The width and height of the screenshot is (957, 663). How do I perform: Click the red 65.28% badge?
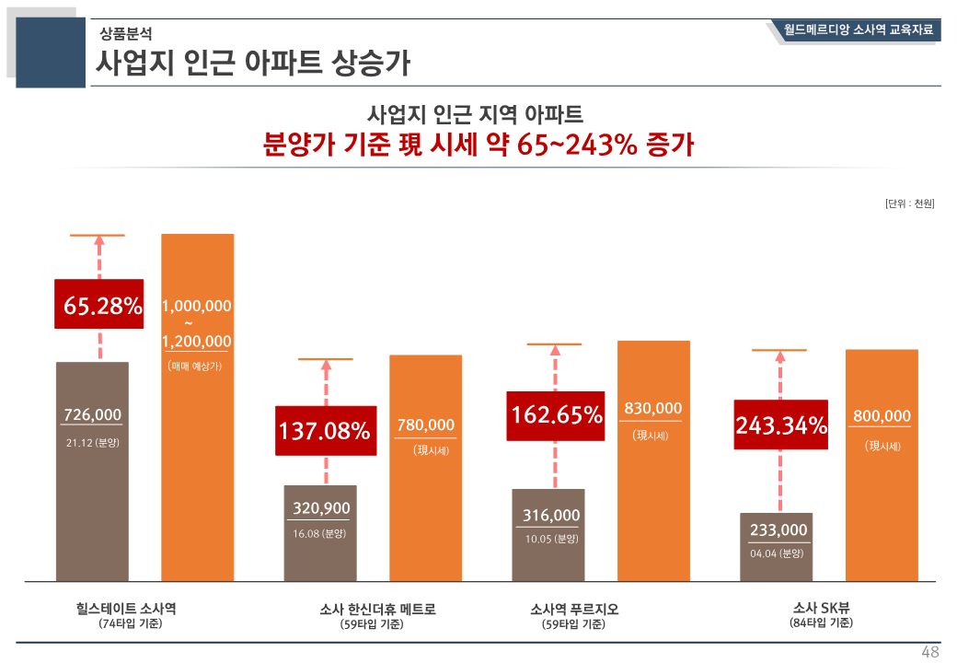pos(99,305)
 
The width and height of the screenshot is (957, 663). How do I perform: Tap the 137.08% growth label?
pos(325,430)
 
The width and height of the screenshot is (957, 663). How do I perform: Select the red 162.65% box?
pos(556,415)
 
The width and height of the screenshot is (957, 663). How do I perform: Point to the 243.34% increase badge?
pos(780,425)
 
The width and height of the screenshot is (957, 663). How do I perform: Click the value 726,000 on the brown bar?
pos(92,415)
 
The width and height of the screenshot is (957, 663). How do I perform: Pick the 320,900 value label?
pos(321,507)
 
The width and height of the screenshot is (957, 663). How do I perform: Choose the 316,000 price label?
pos(551,515)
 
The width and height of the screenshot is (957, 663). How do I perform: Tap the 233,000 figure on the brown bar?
pos(778,529)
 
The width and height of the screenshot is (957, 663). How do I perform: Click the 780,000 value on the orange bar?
pos(426,425)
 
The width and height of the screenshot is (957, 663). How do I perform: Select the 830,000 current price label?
pos(653,408)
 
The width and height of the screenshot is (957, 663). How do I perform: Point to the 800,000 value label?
pos(882,416)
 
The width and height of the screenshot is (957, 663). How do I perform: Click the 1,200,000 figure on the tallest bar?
pos(197,342)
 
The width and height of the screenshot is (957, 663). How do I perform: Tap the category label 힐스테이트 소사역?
pos(126,609)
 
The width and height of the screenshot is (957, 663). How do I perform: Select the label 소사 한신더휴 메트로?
pos(377,609)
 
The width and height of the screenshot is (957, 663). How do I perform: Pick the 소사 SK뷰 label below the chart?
pos(821,608)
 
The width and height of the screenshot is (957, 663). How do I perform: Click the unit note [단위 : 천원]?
pos(909,204)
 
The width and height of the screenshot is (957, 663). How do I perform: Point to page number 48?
pos(930,652)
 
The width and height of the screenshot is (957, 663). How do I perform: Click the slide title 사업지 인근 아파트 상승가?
pos(254,64)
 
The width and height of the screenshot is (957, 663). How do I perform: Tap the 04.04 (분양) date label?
pos(777,553)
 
